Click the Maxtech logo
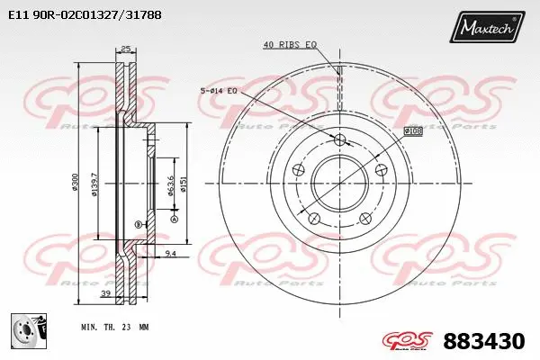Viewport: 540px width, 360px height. coord(489,29)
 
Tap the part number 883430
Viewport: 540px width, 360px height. coord(483,342)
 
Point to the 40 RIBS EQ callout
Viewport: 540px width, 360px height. coord(290,44)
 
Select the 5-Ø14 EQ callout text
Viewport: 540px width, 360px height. coord(218,90)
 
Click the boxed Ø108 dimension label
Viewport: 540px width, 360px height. coord(413,131)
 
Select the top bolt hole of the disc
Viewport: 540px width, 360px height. coord(339,139)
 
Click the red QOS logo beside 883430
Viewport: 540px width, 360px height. coord(406,342)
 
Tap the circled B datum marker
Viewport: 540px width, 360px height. coord(137,224)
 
